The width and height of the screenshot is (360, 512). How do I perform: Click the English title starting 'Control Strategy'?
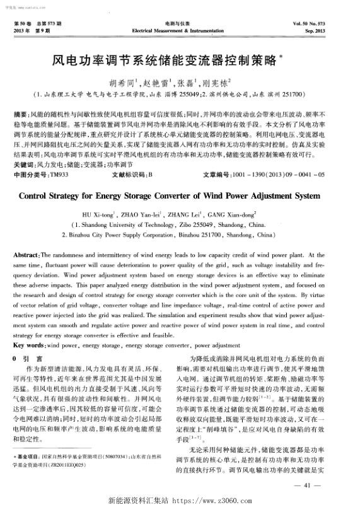(x=180, y=195)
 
